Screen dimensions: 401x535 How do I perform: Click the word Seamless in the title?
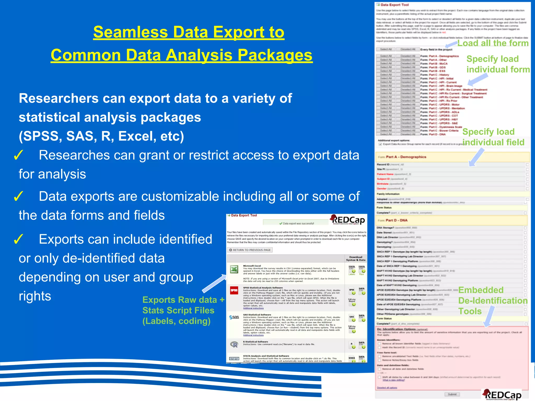(131, 32)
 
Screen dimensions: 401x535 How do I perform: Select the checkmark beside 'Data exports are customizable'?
(19, 196)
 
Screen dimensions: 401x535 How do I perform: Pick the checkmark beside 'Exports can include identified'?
(19, 239)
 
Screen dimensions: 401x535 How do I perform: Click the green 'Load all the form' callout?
(493, 43)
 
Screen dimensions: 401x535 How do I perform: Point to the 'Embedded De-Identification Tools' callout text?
(493, 300)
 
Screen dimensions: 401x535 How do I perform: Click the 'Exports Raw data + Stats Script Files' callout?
(183, 310)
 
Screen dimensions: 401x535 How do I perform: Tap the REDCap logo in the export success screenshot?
(348, 220)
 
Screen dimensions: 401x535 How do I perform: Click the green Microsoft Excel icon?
(234, 269)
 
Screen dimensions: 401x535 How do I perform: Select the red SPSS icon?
(234, 290)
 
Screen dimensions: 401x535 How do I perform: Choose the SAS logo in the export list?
(234, 317)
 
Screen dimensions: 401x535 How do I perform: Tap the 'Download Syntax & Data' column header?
(356, 258)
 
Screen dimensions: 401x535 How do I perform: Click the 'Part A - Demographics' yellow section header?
(452, 157)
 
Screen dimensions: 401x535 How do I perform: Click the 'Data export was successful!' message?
(296, 223)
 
